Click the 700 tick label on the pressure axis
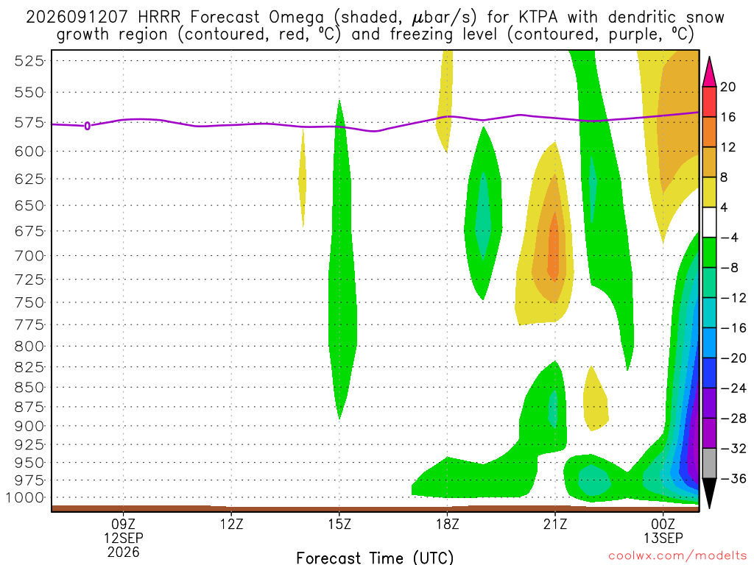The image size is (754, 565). point(29,256)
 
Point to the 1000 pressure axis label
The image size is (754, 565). point(24,498)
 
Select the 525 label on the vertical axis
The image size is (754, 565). point(29,61)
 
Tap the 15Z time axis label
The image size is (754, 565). point(339,524)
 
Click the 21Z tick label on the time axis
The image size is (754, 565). point(555,524)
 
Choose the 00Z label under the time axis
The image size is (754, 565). point(663,524)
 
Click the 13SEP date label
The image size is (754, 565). point(663,538)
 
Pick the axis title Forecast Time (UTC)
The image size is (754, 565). point(375,558)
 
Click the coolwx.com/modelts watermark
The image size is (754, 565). point(677,556)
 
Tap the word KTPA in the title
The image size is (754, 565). point(538,18)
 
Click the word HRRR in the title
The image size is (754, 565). point(159,18)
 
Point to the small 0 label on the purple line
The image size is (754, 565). point(88,127)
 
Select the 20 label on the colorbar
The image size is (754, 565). point(727,87)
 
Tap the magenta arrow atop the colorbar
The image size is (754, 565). point(709,72)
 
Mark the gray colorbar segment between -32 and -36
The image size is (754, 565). point(709,463)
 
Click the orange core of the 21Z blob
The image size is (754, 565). point(554,246)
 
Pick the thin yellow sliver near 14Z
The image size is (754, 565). point(302,178)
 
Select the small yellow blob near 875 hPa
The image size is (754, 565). point(595,399)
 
